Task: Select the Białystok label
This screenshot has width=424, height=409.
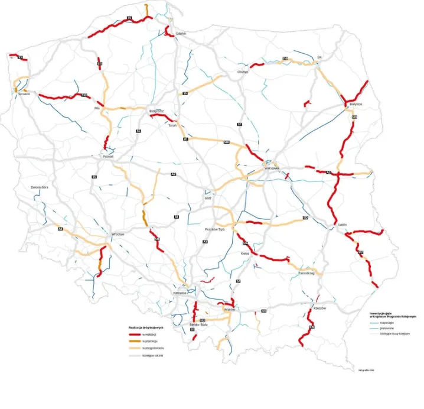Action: coord(355,104)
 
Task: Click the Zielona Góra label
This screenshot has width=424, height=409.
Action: coord(41,187)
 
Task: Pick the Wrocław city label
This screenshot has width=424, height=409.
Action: coord(118,234)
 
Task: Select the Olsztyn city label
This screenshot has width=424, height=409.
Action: coord(243,71)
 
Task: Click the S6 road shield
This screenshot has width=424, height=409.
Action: coord(129,18)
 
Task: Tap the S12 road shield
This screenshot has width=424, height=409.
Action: coord(305,218)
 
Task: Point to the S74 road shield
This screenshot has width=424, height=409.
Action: coord(244,244)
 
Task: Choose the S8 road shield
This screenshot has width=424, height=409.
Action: coord(176,218)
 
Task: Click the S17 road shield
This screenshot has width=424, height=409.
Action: coord(360,252)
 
